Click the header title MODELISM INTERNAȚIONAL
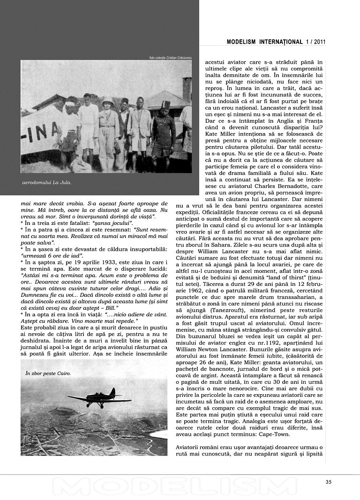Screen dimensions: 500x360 264,42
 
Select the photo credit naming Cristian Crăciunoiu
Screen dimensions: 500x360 171,58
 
